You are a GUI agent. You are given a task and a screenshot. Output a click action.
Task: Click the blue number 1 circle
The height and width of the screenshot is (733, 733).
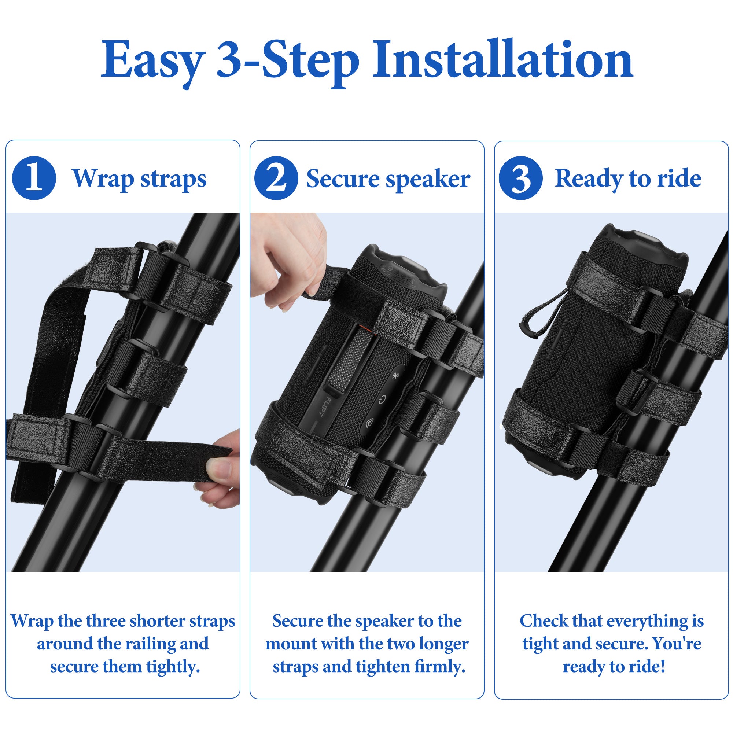coord(34,178)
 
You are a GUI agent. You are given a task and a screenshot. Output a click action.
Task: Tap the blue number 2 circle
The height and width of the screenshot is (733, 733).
coord(276,178)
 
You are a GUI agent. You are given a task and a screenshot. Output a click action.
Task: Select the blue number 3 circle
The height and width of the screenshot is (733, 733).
coord(520,178)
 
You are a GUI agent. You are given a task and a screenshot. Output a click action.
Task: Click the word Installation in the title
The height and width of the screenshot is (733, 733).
coord(503,61)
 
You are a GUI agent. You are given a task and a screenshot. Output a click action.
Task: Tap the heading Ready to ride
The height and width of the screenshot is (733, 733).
coord(628,178)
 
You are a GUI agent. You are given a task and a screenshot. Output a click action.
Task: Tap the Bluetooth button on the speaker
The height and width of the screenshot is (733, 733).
coord(395,376)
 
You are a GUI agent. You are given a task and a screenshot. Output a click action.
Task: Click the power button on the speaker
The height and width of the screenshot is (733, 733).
coord(382,399)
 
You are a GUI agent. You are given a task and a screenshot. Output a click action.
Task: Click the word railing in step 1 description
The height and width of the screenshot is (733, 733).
coord(152,644)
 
